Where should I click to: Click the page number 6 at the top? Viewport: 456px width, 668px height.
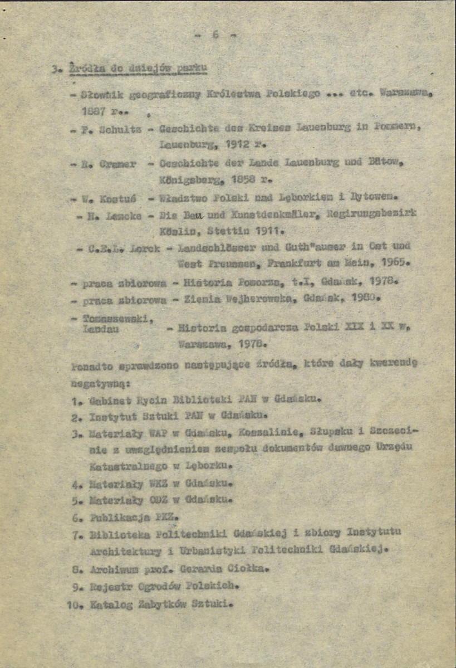[215, 35]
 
